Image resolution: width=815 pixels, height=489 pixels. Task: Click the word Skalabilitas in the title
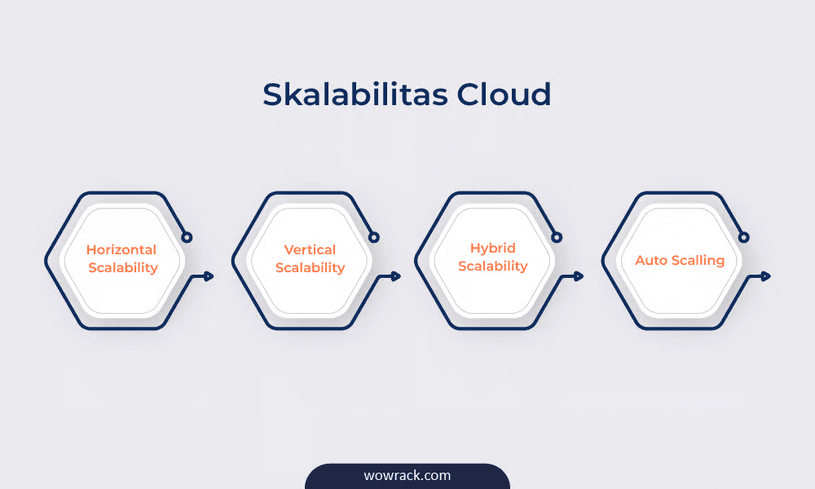[x=355, y=94]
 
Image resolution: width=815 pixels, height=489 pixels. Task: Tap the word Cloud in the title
[x=504, y=94]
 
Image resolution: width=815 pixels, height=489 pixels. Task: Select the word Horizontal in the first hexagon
[x=121, y=250]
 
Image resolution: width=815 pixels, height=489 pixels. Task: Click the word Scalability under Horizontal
[x=123, y=268]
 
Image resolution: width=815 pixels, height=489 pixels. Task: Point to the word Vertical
[x=310, y=250]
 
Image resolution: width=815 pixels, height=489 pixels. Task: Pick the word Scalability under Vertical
[x=311, y=268]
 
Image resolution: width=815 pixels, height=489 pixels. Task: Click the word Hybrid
[x=493, y=249]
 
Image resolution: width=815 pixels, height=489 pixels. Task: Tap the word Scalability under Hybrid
[x=493, y=266]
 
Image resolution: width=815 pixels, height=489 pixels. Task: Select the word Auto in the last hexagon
[x=650, y=260]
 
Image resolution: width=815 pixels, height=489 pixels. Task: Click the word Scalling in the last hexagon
[x=697, y=260]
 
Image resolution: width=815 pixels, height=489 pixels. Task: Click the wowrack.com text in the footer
[x=407, y=475]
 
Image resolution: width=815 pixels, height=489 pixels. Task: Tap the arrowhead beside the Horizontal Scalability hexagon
[x=209, y=276]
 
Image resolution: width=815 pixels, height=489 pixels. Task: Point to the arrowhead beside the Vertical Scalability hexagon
[x=396, y=276]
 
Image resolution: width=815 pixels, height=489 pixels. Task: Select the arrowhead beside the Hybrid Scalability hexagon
[x=579, y=276]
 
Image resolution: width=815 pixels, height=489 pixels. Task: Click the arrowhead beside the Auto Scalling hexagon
[x=765, y=276]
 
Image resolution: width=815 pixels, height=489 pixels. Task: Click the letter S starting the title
[x=272, y=95]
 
